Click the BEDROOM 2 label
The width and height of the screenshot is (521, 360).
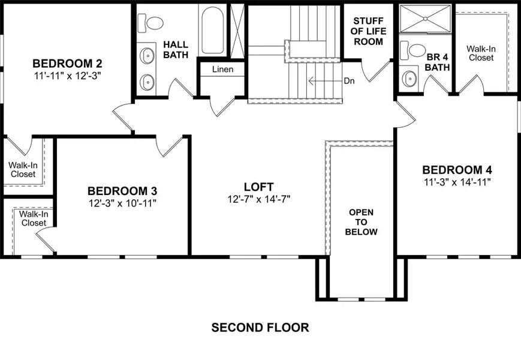(x=67, y=64)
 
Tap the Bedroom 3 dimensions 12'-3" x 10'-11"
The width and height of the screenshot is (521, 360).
(x=122, y=203)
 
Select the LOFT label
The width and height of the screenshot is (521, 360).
(x=259, y=187)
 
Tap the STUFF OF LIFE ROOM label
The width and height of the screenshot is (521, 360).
(x=368, y=32)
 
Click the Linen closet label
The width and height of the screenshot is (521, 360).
(x=222, y=70)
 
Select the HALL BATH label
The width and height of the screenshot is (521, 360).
(x=176, y=50)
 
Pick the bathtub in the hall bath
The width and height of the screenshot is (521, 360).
(x=213, y=31)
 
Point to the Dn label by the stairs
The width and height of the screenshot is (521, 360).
(x=350, y=80)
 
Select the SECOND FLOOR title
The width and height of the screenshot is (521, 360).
(x=260, y=328)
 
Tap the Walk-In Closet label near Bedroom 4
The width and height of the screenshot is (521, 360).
(x=481, y=53)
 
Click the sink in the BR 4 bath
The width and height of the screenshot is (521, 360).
(x=410, y=78)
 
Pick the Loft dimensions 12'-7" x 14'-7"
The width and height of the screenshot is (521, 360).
(x=259, y=199)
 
